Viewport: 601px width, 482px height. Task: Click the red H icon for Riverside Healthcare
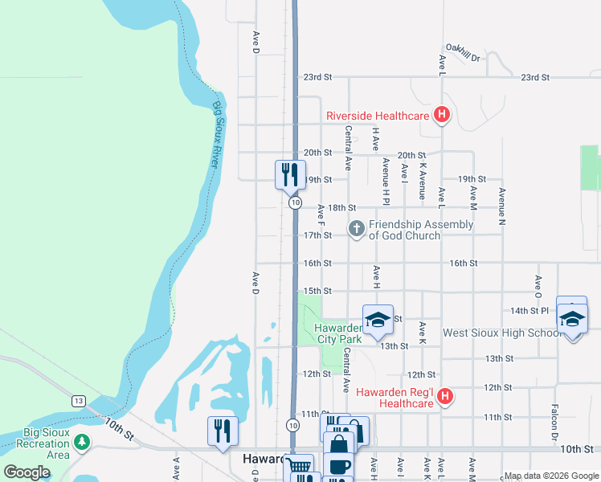pos(441,116)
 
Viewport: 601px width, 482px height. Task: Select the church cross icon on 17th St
pos(357,230)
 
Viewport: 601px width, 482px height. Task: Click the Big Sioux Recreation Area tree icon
pos(81,441)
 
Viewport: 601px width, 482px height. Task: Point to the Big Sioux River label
pos(215,133)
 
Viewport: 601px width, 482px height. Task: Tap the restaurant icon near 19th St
pos(290,174)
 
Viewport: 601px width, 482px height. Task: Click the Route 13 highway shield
pos(78,400)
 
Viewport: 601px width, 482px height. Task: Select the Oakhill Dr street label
pos(463,57)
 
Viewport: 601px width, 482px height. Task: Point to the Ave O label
pos(538,285)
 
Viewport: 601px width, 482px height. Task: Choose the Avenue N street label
pos(502,204)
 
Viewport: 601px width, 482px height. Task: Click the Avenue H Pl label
pos(386,179)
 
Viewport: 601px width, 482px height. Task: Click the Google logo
pos(27,472)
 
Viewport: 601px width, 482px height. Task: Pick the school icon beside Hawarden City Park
pos(378,320)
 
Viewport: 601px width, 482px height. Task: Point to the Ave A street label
pos(176,468)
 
